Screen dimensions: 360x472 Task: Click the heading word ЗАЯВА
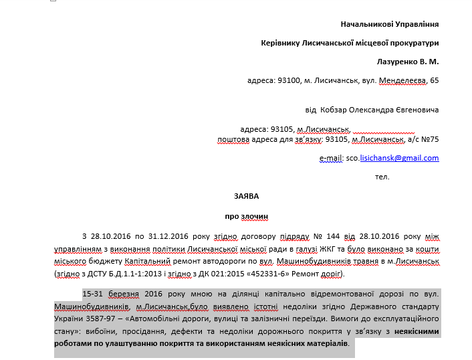pyautogui.click(x=246, y=196)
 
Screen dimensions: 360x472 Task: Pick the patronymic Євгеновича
pyautogui.click(x=417, y=110)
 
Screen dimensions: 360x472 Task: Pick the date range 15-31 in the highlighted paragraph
pyautogui.click(x=92, y=294)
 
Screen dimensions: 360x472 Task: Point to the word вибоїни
pyautogui.click(x=90, y=331)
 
